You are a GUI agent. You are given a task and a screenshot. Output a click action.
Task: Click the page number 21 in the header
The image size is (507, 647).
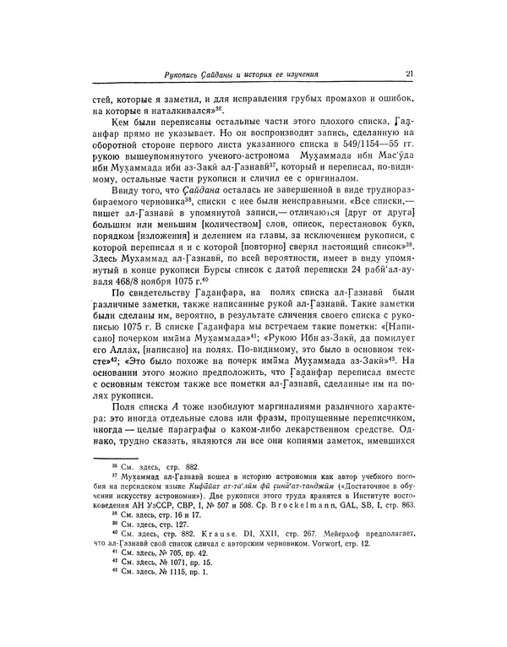[408, 74]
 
